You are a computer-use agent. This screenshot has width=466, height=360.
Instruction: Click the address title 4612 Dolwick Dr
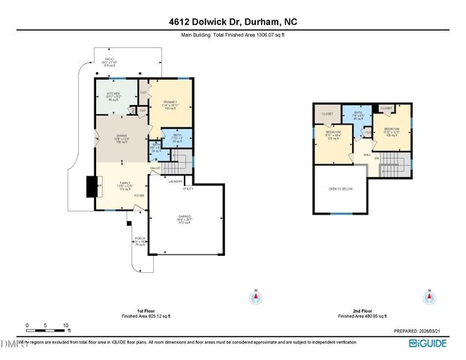point(233,22)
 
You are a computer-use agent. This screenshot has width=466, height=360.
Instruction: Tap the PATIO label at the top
point(109,61)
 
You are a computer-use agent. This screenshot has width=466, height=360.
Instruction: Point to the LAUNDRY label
point(176,181)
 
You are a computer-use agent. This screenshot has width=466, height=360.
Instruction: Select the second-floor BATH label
point(358,115)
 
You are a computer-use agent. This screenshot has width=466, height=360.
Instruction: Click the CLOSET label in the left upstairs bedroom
point(327,114)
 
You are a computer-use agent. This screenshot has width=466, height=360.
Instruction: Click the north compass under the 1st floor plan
point(256,298)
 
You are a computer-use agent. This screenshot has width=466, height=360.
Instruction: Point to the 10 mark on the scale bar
point(66,325)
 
